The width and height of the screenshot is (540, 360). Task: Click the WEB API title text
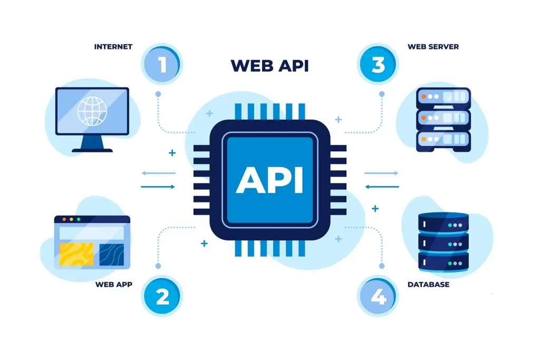click(x=269, y=66)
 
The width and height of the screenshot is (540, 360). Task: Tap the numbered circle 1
click(x=161, y=64)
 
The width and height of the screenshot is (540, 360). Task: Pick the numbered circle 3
click(x=378, y=64)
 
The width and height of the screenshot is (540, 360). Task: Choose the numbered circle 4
click(x=378, y=296)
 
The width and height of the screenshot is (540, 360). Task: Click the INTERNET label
click(x=113, y=47)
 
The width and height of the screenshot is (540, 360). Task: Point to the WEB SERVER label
click(x=433, y=47)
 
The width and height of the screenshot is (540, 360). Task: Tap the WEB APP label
click(x=114, y=285)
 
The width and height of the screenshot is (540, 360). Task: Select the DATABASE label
click(x=428, y=285)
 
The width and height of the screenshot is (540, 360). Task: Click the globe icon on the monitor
click(x=92, y=111)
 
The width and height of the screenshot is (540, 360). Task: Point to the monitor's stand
click(x=92, y=143)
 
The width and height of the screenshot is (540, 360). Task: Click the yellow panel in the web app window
click(x=76, y=255)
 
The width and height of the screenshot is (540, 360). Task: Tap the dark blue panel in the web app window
click(x=112, y=255)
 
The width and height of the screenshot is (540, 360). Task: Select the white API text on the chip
click(x=269, y=180)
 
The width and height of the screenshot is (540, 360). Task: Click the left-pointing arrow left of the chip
click(x=158, y=173)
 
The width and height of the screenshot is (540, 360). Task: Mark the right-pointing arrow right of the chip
click(x=381, y=173)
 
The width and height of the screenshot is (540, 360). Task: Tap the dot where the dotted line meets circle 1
click(x=158, y=94)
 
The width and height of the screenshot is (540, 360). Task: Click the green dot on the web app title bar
click(x=79, y=219)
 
